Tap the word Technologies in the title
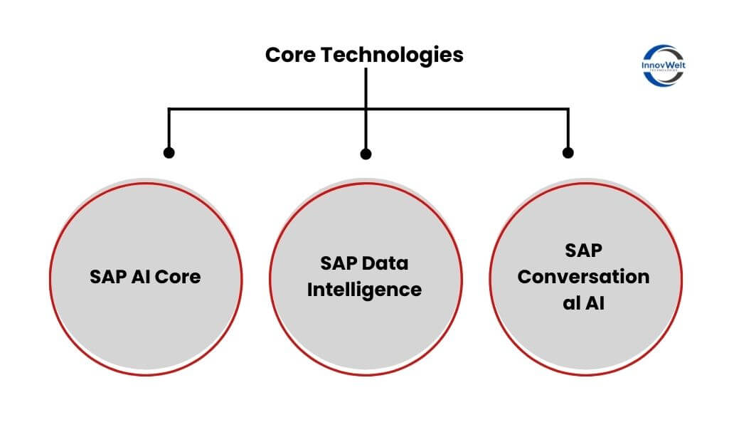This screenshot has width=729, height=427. click(x=392, y=55)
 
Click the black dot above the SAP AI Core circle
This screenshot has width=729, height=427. click(x=169, y=152)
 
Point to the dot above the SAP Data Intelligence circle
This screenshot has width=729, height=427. click(x=366, y=153)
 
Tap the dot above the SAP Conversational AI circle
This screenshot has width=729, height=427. click(x=568, y=152)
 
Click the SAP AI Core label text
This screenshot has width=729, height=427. click(x=145, y=276)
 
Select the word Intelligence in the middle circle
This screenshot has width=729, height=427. click(x=364, y=290)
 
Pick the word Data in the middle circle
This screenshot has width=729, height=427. click(x=385, y=263)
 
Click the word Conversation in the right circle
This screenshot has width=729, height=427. click(x=583, y=277)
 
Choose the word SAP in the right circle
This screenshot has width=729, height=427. click(x=583, y=251)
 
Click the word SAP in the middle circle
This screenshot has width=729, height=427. click(x=339, y=263)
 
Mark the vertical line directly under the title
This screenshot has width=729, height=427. click(x=366, y=85)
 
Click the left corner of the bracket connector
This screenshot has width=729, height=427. click(x=169, y=109)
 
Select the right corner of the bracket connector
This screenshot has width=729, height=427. click(x=568, y=109)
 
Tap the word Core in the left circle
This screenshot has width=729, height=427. click(x=178, y=276)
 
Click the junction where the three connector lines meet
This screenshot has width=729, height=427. click(x=366, y=109)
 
